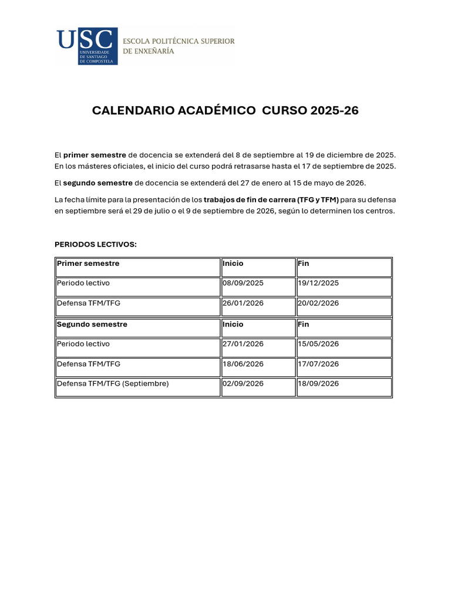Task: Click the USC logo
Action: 86,46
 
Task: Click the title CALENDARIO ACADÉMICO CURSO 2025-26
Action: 225,111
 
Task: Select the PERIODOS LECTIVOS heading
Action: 96,244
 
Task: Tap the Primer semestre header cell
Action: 88,264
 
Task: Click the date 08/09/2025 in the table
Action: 243,283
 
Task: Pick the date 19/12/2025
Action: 318,283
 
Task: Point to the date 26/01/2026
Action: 243,303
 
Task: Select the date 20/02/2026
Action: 318,303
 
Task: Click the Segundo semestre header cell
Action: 92,324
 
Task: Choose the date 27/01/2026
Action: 243,344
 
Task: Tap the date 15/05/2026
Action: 318,344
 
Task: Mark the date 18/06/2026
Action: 243,364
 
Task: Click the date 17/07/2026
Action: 318,364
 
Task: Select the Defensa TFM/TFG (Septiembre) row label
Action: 113,383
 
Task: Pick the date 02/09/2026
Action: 243,383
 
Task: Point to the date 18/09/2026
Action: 318,383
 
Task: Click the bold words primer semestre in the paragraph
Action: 95,155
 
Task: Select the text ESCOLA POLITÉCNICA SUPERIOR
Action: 179,41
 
